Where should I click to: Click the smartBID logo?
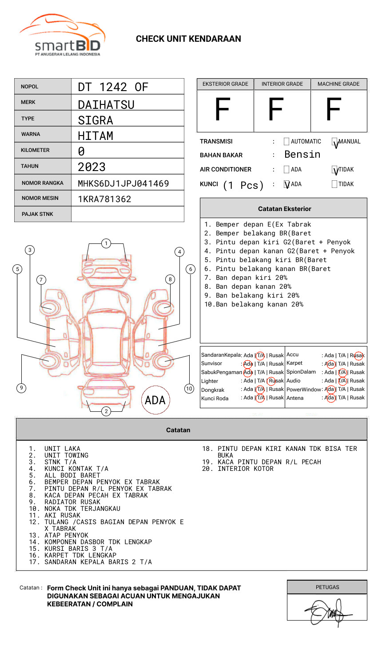pos(62,36)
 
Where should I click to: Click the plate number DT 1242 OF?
pos(113,87)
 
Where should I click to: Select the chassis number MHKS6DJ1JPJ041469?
pos(123,183)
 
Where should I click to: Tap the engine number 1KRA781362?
pos(104,199)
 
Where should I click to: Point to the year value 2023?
pos(92,167)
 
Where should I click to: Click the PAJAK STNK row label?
pos(37,214)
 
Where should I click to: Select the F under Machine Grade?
pos(333,110)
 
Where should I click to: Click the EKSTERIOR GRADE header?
pos(225,84)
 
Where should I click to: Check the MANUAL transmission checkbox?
pos(335,142)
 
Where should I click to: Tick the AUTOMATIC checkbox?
pos(287,142)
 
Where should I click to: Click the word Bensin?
pos(302,155)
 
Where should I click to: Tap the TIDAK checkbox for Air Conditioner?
pos(335,170)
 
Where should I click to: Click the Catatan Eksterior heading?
pos(284,209)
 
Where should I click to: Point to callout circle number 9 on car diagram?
pos(21,388)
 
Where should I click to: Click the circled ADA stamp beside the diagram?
pos(155,400)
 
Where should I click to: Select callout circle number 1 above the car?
pos(106,243)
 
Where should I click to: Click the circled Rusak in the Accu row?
pos(358,355)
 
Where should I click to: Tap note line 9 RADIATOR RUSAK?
pos(72,502)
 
